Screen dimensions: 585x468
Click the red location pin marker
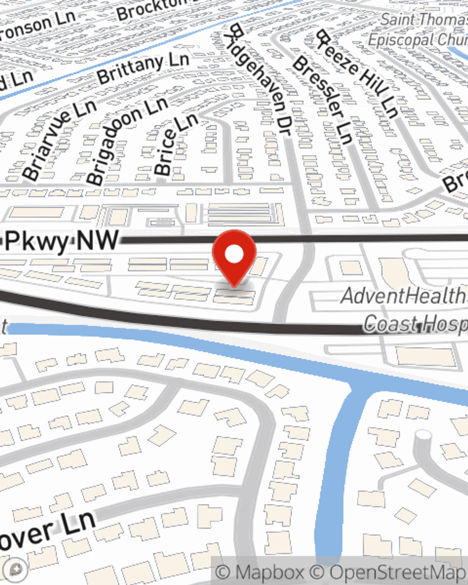click(x=234, y=257)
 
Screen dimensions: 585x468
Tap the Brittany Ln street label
click(x=143, y=68)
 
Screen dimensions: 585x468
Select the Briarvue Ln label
click(x=58, y=140)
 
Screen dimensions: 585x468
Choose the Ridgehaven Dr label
click(x=260, y=80)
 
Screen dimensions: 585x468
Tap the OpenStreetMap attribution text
click(x=398, y=572)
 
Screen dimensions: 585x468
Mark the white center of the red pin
click(x=234, y=254)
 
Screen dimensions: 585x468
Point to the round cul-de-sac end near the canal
click(x=423, y=435)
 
